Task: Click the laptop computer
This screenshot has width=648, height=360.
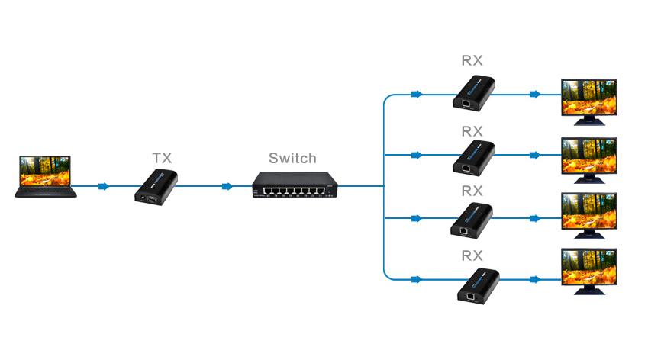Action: pos(47,177)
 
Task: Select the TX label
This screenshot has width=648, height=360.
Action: pos(162,157)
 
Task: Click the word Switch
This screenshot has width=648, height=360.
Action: pos(292,159)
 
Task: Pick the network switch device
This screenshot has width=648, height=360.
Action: pos(294,185)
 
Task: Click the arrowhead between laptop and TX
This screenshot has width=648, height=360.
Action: pos(104,186)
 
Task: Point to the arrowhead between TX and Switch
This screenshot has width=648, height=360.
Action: pos(227,186)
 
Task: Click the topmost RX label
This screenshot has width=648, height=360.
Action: pos(472,60)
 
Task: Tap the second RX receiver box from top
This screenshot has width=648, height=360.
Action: pos(477,156)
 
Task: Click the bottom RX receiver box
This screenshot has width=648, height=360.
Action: pos(478,284)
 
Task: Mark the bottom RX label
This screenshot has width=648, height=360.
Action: pos(472,255)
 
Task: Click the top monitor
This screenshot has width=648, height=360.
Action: pos(589,98)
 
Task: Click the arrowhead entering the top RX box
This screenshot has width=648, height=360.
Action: pos(416,95)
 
